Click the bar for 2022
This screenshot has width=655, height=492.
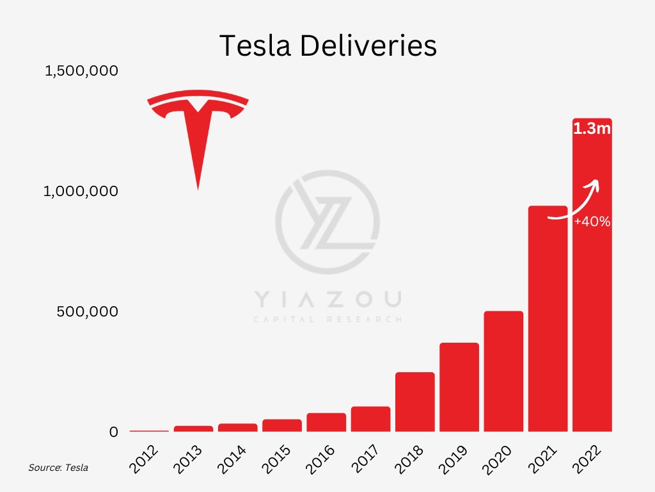[592, 320]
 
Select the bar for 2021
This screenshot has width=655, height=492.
[548, 333]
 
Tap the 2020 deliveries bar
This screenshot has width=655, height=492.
[503, 372]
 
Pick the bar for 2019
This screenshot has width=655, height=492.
[459, 387]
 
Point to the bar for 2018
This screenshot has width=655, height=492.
[415, 402]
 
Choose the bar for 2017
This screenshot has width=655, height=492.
[370, 419]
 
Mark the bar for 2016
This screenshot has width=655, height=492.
[326, 422]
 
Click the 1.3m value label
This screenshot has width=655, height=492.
[592, 129]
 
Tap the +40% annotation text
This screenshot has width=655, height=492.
[592, 222]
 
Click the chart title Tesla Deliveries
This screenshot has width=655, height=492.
[328, 46]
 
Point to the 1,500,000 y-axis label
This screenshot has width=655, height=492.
[81, 70]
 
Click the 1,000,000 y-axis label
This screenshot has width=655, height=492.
[81, 191]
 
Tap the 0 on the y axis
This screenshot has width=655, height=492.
[114, 432]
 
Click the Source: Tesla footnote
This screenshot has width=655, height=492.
[58, 468]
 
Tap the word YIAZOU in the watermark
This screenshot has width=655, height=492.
[327, 299]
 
